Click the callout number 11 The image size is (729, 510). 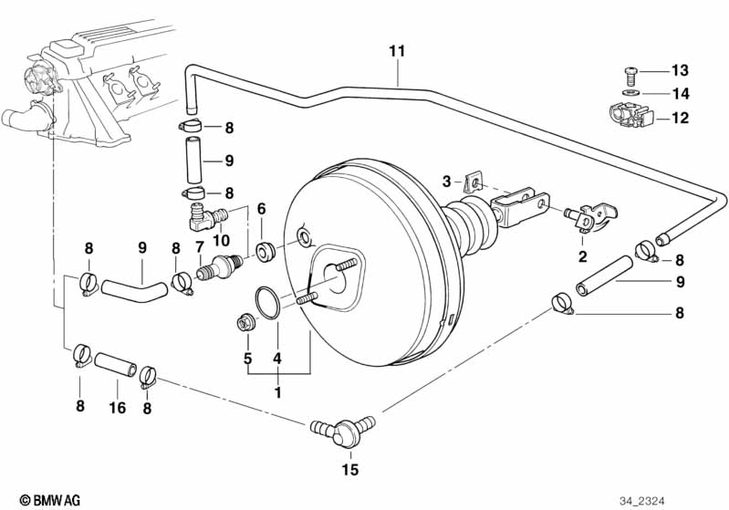[x=397, y=51]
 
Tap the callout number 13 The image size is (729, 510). [x=680, y=70]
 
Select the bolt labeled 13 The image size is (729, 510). [x=630, y=76]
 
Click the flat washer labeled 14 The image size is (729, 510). [x=630, y=92]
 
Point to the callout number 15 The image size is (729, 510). [x=350, y=470]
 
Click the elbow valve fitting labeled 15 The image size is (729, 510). [x=343, y=431]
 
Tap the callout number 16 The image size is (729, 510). [x=117, y=408]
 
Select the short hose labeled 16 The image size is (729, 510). [x=116, y=365]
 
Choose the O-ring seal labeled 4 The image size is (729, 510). [x=266, y=303]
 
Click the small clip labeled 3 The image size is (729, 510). [x=472, y=182]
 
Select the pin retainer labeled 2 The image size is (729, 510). [x=590, y=216]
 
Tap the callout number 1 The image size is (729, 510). [x=277, y=393]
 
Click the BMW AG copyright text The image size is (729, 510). [x=50, y=500]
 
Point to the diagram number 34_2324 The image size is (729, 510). [x=641, y=501]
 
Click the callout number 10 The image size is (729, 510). [x=221, y=240]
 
